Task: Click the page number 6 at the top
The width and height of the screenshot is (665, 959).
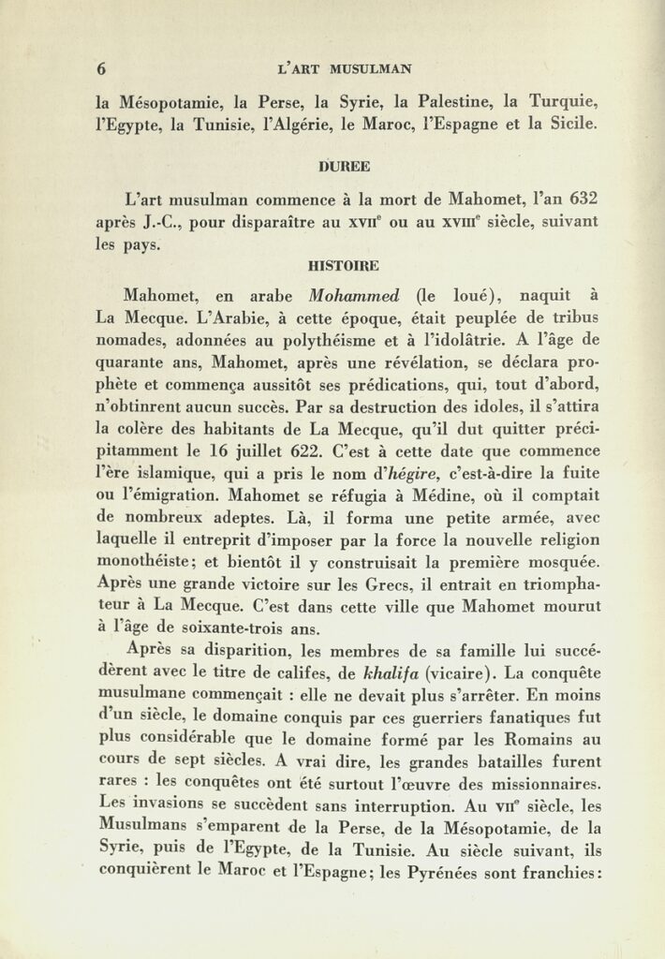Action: [101, 68]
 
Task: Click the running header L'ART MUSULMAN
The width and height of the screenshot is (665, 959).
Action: [346, 68]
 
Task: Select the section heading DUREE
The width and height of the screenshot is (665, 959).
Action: [345, 167]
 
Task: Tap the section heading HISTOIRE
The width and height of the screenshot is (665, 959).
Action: [344, 266]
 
